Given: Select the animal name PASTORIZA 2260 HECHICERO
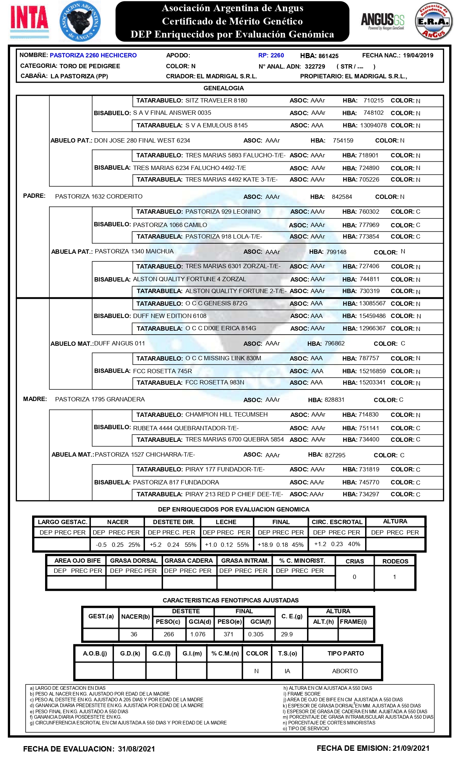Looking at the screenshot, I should (93, 55).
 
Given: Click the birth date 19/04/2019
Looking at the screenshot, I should (418, 55).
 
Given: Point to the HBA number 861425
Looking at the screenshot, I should (328, 56).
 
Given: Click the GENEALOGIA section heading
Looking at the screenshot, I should (224, 88).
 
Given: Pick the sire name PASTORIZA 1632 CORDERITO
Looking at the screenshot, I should (99, 196).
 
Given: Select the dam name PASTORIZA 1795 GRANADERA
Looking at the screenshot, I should (100, 399).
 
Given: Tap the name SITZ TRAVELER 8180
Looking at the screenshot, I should (216, 100).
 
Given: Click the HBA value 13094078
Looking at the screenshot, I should (373, 125).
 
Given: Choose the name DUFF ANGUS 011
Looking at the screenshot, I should (119, 343).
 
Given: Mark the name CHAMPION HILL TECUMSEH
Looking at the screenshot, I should (227, 414).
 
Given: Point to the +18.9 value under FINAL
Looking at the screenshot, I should (265, 545).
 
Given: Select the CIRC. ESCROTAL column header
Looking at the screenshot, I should (337, 522).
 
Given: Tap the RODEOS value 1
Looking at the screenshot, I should (394, 577).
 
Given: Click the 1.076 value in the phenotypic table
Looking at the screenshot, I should (198, 634).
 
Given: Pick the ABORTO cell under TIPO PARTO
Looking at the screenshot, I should (345, 671).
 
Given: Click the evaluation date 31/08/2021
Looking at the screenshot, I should (136, 749).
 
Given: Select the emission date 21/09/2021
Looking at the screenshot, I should (411, 748).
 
